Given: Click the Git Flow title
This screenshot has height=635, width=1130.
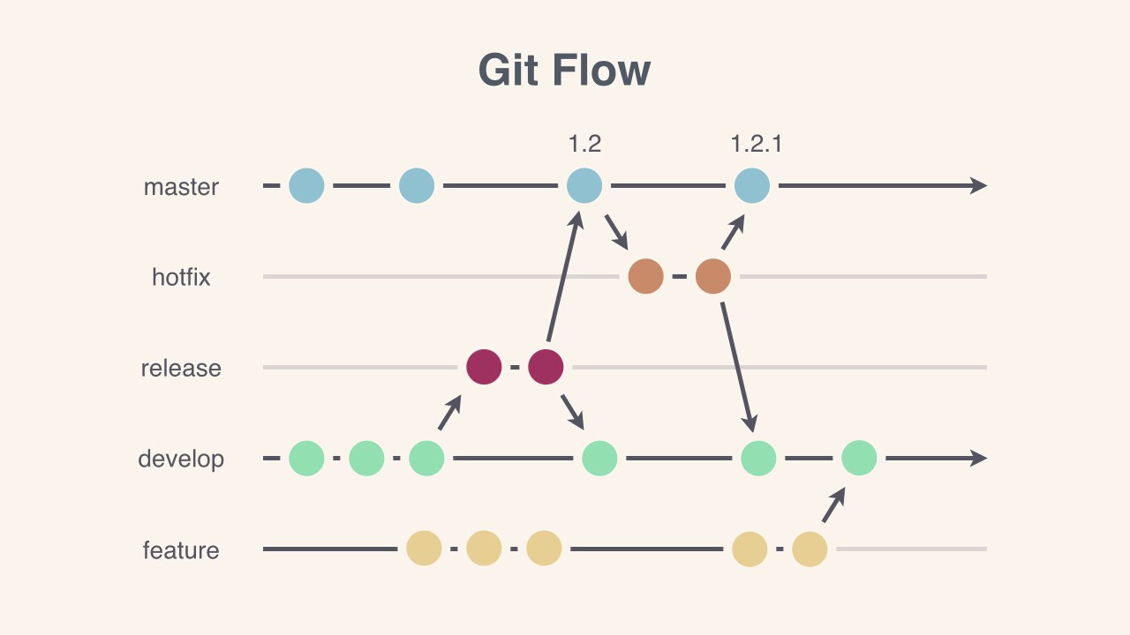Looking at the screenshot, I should (565, 71).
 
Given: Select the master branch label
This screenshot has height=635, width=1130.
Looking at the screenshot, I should (181, 187).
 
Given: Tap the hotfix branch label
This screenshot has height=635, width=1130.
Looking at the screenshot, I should (181, 277).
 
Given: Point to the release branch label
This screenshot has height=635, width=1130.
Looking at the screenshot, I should (181, 368).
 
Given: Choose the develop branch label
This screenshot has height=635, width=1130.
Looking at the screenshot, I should (181, 459).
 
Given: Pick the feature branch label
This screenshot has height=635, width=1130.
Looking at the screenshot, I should (181, 550).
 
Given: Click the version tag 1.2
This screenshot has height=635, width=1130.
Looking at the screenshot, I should (584, 144).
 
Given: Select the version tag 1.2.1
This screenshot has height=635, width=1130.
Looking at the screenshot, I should (757, 144).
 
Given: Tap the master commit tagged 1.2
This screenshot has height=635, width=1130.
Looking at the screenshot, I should (584, 186).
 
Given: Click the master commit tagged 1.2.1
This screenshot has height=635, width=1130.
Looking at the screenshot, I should (752, 186).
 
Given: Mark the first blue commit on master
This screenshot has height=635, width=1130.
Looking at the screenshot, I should (306, 186).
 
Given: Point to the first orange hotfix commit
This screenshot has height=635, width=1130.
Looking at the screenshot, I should (645, 276).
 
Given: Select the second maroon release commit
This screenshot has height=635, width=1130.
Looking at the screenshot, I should (546, 367).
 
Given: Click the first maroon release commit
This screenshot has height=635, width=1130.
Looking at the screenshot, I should (484, 367).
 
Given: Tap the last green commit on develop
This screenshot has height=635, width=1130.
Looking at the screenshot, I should (859, 459).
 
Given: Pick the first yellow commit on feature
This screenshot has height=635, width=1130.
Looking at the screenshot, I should (424, 549).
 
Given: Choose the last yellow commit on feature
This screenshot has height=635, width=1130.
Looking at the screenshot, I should (810, 549).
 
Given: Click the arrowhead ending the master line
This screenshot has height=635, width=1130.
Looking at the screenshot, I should (978, 186).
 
